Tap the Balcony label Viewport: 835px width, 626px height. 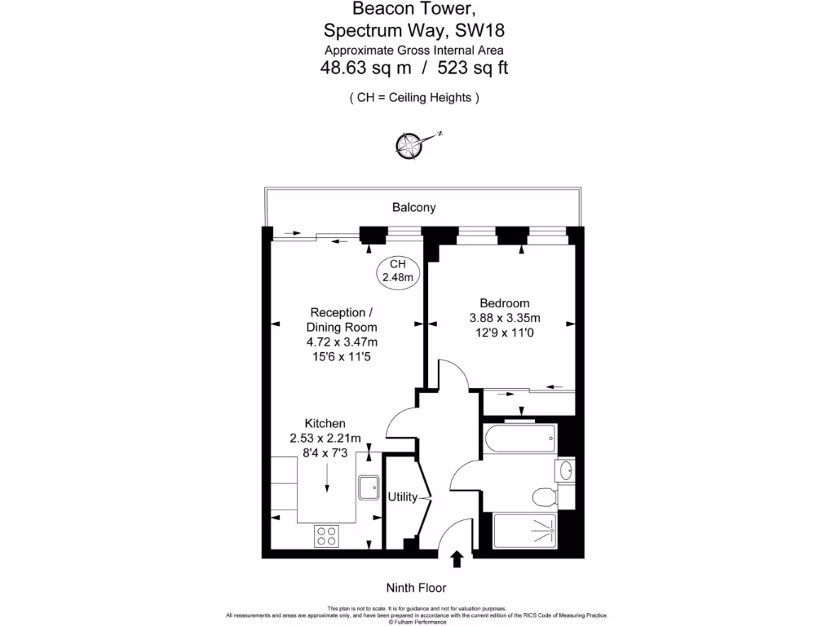[413, 208]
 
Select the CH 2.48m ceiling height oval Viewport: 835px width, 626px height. [398, 271]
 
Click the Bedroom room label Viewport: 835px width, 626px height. [504, 303]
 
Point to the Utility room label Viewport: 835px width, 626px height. [403, 497]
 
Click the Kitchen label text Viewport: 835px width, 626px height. [325, 424]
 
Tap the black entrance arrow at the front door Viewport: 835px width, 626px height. [457, 558]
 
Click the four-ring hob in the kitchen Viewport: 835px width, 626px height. [327, 536]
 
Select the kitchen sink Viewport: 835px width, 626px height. [368, 487]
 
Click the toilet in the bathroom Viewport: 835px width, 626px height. [544, 496]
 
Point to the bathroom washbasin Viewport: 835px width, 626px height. [567, 470]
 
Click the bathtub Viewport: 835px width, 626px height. [519, 440]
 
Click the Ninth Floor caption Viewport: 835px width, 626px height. [417, 588]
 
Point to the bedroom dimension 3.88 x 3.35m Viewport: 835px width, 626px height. [505, 318]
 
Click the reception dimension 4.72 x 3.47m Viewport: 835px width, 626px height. [342, 342]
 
